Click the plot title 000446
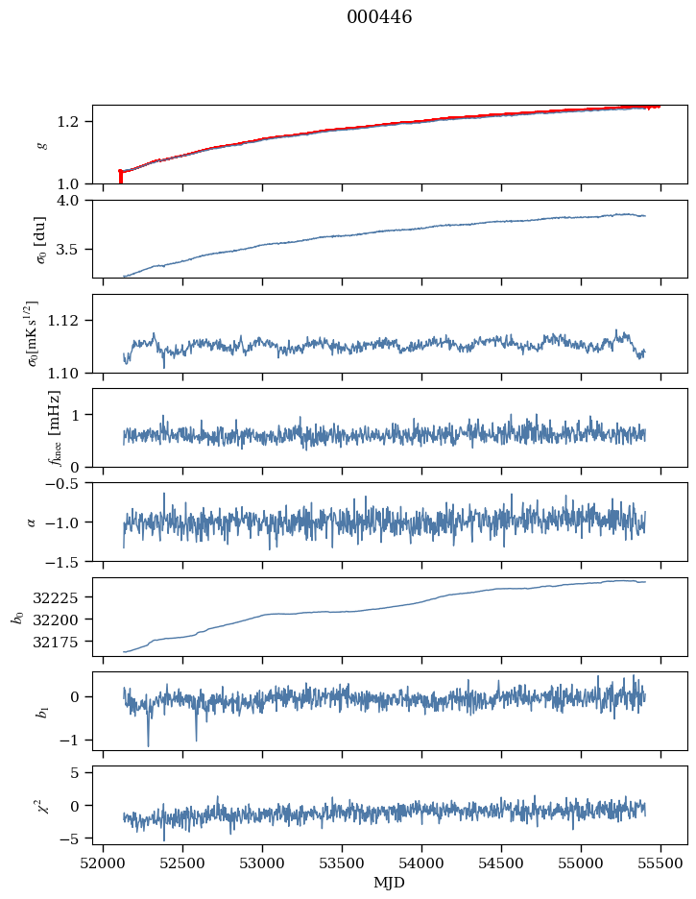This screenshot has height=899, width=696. pos(379,17)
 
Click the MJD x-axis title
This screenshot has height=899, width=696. pos(389,882)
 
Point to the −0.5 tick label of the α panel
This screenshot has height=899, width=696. pos(68,483)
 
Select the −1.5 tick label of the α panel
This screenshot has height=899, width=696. pos(68,561)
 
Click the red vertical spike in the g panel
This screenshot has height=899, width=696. pos(120,177)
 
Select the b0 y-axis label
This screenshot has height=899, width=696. pos(16,616)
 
